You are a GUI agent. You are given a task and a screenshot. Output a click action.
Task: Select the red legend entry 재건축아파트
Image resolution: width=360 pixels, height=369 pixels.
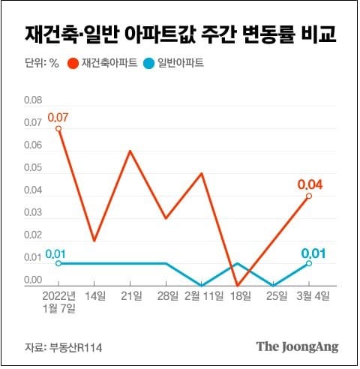pyautogui.click(x=103, y=65)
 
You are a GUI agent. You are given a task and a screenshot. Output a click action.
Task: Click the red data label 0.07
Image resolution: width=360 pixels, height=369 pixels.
pyautogui.click(x=58, y=118)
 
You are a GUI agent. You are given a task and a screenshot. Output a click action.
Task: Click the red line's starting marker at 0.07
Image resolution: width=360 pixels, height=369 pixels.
pyautogui.click(x=58, y=128)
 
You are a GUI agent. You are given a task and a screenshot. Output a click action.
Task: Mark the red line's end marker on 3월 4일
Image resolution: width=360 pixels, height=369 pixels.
pyautogui.click(x=308, y=196)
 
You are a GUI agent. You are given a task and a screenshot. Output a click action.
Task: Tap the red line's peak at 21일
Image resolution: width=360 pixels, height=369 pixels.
pyautogui.click(x=130, y=151)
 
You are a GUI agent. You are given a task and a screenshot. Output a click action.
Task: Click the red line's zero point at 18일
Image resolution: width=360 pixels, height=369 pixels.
pyautogui.click(x=237, y=285)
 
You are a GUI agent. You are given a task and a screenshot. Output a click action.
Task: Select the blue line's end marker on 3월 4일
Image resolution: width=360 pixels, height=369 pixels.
pyautogui.click(x=308, y=263)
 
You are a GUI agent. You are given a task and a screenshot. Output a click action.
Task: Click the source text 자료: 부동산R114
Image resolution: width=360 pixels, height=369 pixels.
pyautogui.click(x=56, y=346)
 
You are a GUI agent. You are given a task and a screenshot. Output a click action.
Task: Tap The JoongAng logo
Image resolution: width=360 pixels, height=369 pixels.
pyautogui.click(x=298, y=346)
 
